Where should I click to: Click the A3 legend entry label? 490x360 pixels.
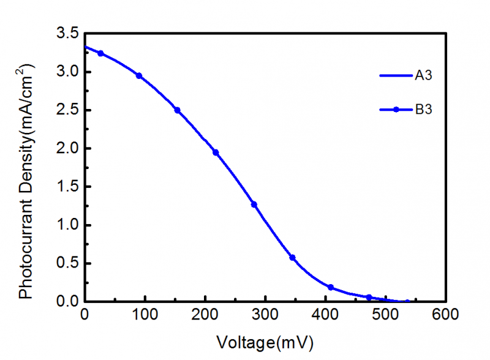tap(424, 76)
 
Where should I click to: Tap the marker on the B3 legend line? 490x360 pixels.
tap(396, 110)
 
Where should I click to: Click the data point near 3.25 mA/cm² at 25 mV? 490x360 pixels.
tap(100, 53)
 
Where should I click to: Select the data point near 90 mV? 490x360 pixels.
tap(139, 76)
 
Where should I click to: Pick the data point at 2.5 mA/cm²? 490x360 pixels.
tap(177, 110)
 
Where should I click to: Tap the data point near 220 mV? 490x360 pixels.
tap(216, 152)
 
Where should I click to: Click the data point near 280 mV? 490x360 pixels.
tap(254, 204)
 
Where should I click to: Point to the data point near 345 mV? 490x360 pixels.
tap(292, 258)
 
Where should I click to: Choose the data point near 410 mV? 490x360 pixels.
tap(331, 287)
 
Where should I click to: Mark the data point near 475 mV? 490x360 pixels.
tap(369, 298)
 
